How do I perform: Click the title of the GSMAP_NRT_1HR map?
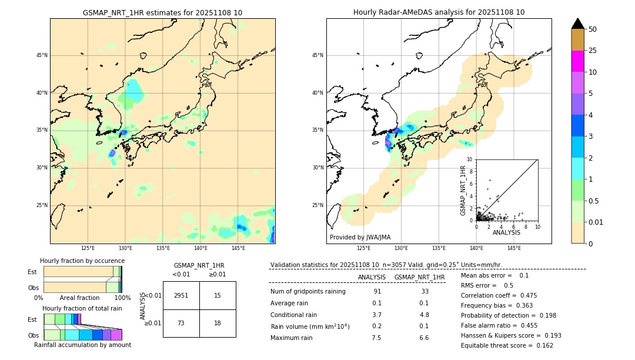pos(162,12)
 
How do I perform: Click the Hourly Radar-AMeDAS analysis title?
pos(439,12)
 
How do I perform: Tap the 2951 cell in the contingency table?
pos(181,295)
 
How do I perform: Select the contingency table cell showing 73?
pos(181,323)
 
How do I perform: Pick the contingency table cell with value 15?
pos(218,295)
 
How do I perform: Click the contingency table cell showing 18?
pos(218,323)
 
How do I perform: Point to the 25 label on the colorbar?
pos(593,51)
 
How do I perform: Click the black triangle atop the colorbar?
pos(578,24)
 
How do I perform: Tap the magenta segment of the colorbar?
pos(578,61)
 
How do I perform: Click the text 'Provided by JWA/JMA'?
pos(360,237)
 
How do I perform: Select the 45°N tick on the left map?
pos(41,55)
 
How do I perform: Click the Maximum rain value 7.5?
pos(376,338)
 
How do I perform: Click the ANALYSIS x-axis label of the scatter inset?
pos(506,233)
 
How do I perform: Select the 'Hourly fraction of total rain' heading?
pos(82,308)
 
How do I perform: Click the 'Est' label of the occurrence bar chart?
pos(32,272)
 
